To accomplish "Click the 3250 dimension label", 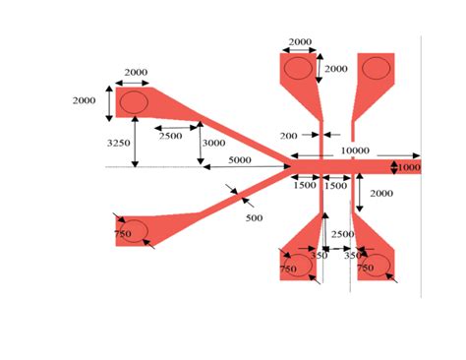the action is tap(118, 143).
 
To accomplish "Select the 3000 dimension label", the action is tap(213, 144).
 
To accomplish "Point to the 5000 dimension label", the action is tap(239, 159).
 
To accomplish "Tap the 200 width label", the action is tap(289, 135).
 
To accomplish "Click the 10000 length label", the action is tap(355, 150).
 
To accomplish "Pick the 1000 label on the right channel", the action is tap(409, 167).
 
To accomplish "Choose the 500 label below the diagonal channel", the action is tap(254, 216).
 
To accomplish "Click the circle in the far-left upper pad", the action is tap(133, 102).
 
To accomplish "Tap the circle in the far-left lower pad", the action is tap(135, 231).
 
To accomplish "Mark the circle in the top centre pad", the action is tap(298, 68).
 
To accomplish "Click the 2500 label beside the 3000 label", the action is tap(170, 135).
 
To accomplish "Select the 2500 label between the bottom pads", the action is tap(343, 234).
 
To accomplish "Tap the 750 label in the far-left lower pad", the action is tap(122, 234).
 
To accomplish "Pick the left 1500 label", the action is tap(306, 185).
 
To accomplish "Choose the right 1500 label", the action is tap(336, 185).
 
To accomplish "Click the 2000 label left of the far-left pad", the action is tap(86, 100).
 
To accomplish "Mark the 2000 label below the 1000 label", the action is tap(381, 195).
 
